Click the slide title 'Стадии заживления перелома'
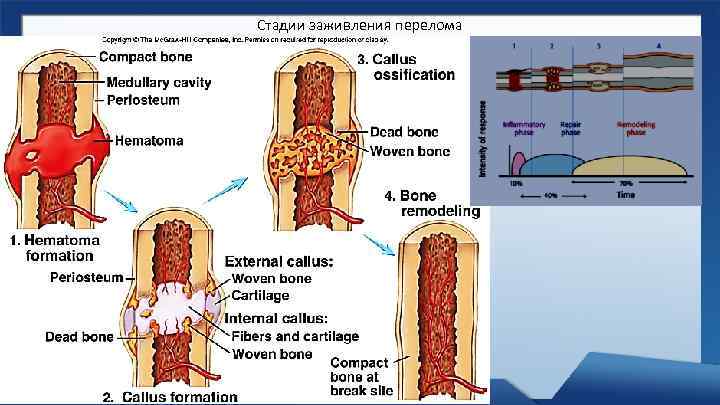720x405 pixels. click(x=360, y=24)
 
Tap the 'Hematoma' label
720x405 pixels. click(x=150, y=141)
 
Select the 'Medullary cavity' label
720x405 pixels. click(x=158, y=83)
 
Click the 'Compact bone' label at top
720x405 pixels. click(x=146, y=56)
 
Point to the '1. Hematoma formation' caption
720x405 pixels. click(x=54, y=248)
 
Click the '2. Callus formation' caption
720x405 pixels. click(x=170, y=397)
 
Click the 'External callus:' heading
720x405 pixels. click(x=278, y=262)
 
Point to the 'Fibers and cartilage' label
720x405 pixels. click(x=294, y=337)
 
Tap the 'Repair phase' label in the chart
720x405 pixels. click(x=570, y=129)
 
